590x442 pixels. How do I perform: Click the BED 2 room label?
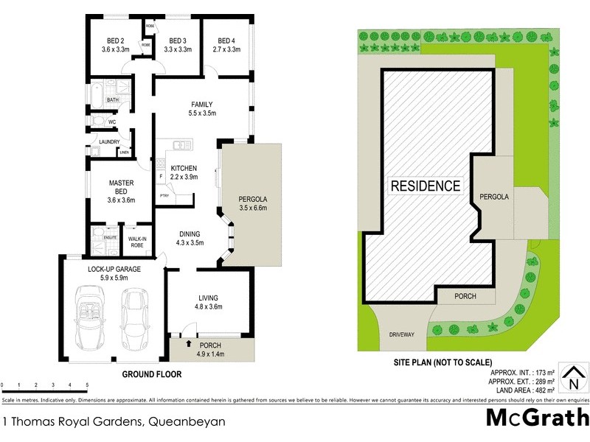pyautogui.click(x=116, y=41)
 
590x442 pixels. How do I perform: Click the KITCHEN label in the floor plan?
pyautogui.click(x=184, y=169)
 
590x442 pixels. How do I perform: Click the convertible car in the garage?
pyautogui.click(x=92, y=319)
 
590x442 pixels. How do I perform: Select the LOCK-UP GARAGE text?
pyautogui.click(x=108, y=269)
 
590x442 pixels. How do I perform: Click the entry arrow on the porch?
pyautogui.click(x=189, y=343)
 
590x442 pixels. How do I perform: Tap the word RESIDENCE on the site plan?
pyautogui.click(x=426, y=186)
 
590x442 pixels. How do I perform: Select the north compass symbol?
pyautogui.click(x=572, y=379)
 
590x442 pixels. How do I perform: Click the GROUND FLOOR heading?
pyautogui.click(x=151, y=374)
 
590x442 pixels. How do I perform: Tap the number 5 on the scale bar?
pyautogui.click(x=88, y=385)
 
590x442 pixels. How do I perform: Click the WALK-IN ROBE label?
pyautogui.click(x=136, y=241)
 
